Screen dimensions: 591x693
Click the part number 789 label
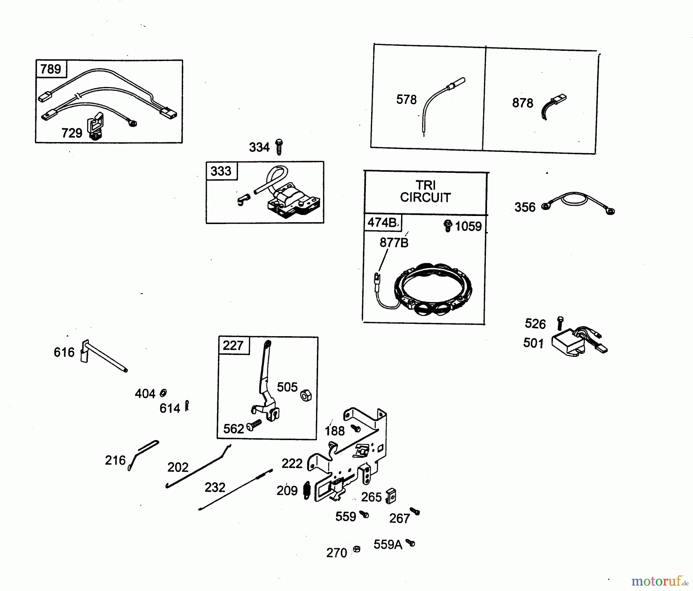(x=51, y=69)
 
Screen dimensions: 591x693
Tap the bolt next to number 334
(x=279, y=147)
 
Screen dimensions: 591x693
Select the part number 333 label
(x=221, y=171)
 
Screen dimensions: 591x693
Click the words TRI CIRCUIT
(x=425, y=191)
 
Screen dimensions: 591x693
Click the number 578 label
(x=406, y=100)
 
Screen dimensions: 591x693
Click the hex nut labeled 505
(x=305, y=395)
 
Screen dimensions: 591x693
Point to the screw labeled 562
(x=254, y=425)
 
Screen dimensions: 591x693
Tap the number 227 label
(x=233, y=346)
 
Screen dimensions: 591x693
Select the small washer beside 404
(x=163, y=393)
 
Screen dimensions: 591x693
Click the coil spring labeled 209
(x=307, y=490)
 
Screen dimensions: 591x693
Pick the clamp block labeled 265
(x=390, y=496)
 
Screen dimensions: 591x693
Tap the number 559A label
(x=388, y=544)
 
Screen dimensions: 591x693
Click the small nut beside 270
(x=357, y=549)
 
